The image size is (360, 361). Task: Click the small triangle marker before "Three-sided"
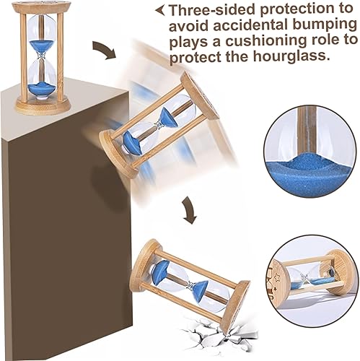(x=160, y=11)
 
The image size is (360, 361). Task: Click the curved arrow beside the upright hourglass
(x=104, y=49)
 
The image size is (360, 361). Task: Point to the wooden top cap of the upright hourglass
(x=43, y=6)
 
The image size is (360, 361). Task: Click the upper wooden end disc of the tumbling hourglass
(x=201, y=95)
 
